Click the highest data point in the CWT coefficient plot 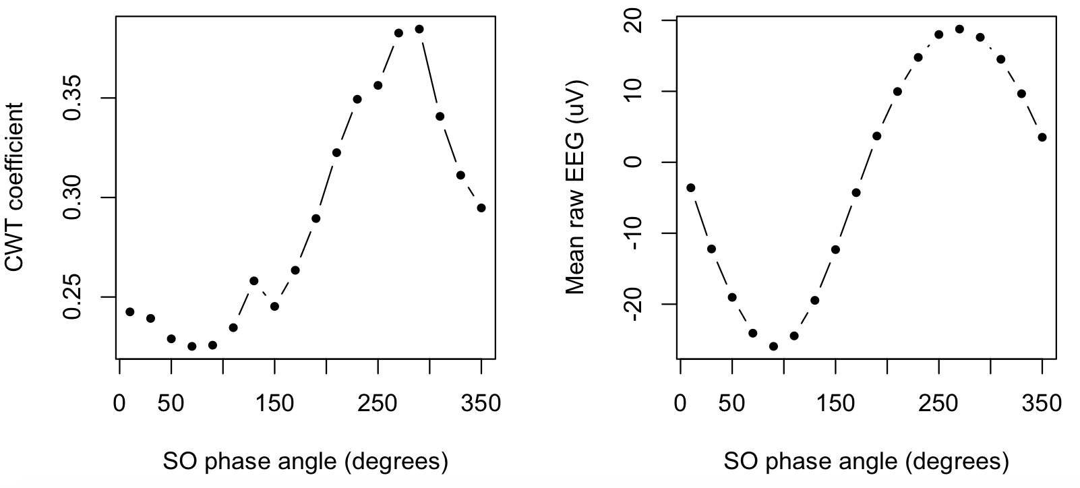coord(419,29)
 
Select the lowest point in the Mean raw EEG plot coord(773,346)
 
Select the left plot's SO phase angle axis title coord(305,462)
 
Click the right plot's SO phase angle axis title coord(866,462)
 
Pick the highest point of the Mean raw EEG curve coord(959,29)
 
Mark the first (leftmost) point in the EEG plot coord(690,187)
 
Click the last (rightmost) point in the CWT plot coord(481,208)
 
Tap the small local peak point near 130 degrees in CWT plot coord(253,280)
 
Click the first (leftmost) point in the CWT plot coord(130,311)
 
